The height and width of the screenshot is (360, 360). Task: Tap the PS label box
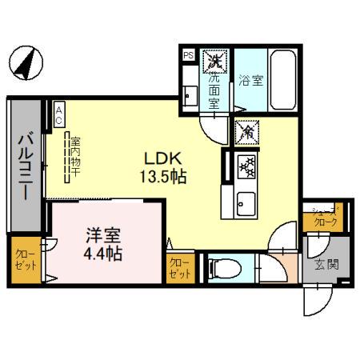tap(188, 55)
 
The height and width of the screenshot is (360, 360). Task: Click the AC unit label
tap(59, 115)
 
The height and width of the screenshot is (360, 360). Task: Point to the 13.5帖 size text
tap(166, 177)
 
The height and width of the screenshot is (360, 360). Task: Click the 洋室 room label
tap(103, 237)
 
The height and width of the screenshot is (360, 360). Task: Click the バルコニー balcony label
tap(25, 163)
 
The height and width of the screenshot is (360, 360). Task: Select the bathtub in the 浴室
tap(282, 69)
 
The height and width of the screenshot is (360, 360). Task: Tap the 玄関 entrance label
tap(320, 264)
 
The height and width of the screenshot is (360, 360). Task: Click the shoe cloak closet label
tap(325, 218)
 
